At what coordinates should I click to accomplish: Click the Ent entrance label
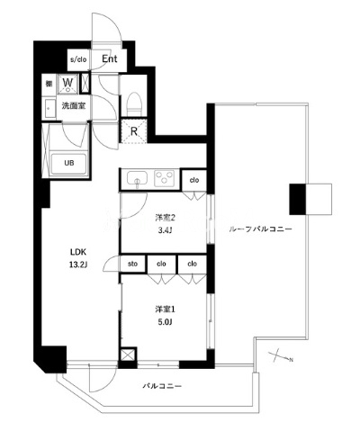tap(110, 58)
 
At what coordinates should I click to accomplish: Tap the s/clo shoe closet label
tap(78, 59)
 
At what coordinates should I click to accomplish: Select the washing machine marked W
tap(67, 83)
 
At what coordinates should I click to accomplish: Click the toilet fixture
tap(134, 103)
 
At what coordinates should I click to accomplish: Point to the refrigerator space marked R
tap(134, 130)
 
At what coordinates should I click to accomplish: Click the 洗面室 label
tap(74, 105)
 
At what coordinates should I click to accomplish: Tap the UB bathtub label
tap(69, 163)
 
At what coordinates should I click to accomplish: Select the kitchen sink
tap(137, 179)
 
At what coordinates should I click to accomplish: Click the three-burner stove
tap(164, 178)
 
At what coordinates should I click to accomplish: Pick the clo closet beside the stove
tap(194, 180)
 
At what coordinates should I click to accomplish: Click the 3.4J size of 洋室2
tap(165, 230)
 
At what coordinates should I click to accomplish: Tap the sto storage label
tap(132, 264)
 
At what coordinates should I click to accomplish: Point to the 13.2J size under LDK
tap(78, 265)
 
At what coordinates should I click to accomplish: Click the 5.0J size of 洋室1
tap(165, 322)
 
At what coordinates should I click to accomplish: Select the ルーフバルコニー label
tap(260, 229)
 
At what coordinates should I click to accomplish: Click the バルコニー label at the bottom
tap(162, 386)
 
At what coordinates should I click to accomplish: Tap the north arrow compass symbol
tap(280, 356)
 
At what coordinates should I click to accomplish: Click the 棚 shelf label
tap(49, 83)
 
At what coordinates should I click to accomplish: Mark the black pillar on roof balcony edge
tap(297, 200)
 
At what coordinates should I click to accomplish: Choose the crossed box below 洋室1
tap(127, 355)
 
